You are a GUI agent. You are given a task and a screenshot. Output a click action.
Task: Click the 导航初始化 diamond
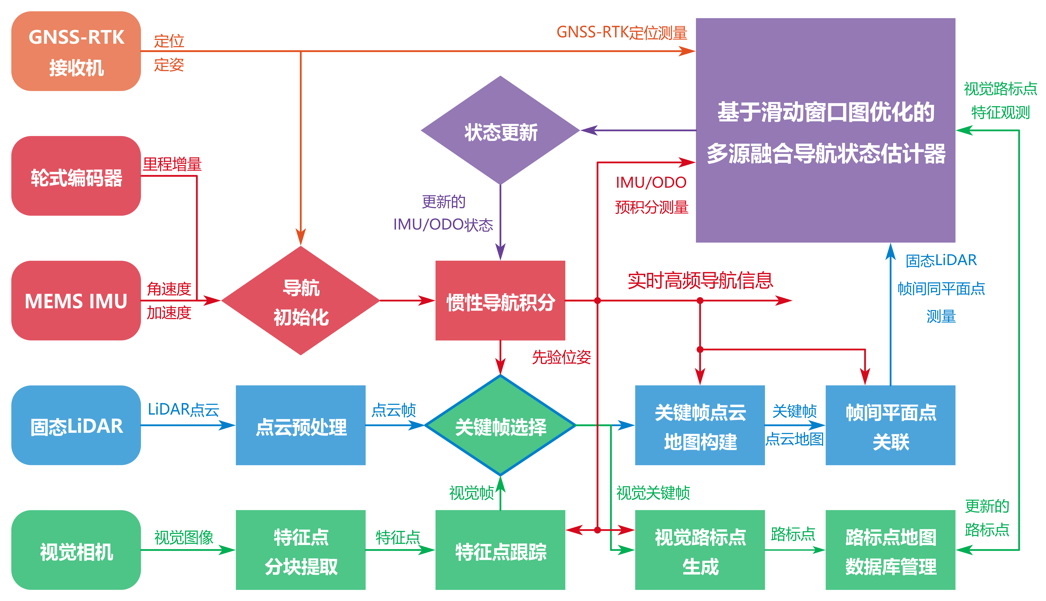tap(301, 300)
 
